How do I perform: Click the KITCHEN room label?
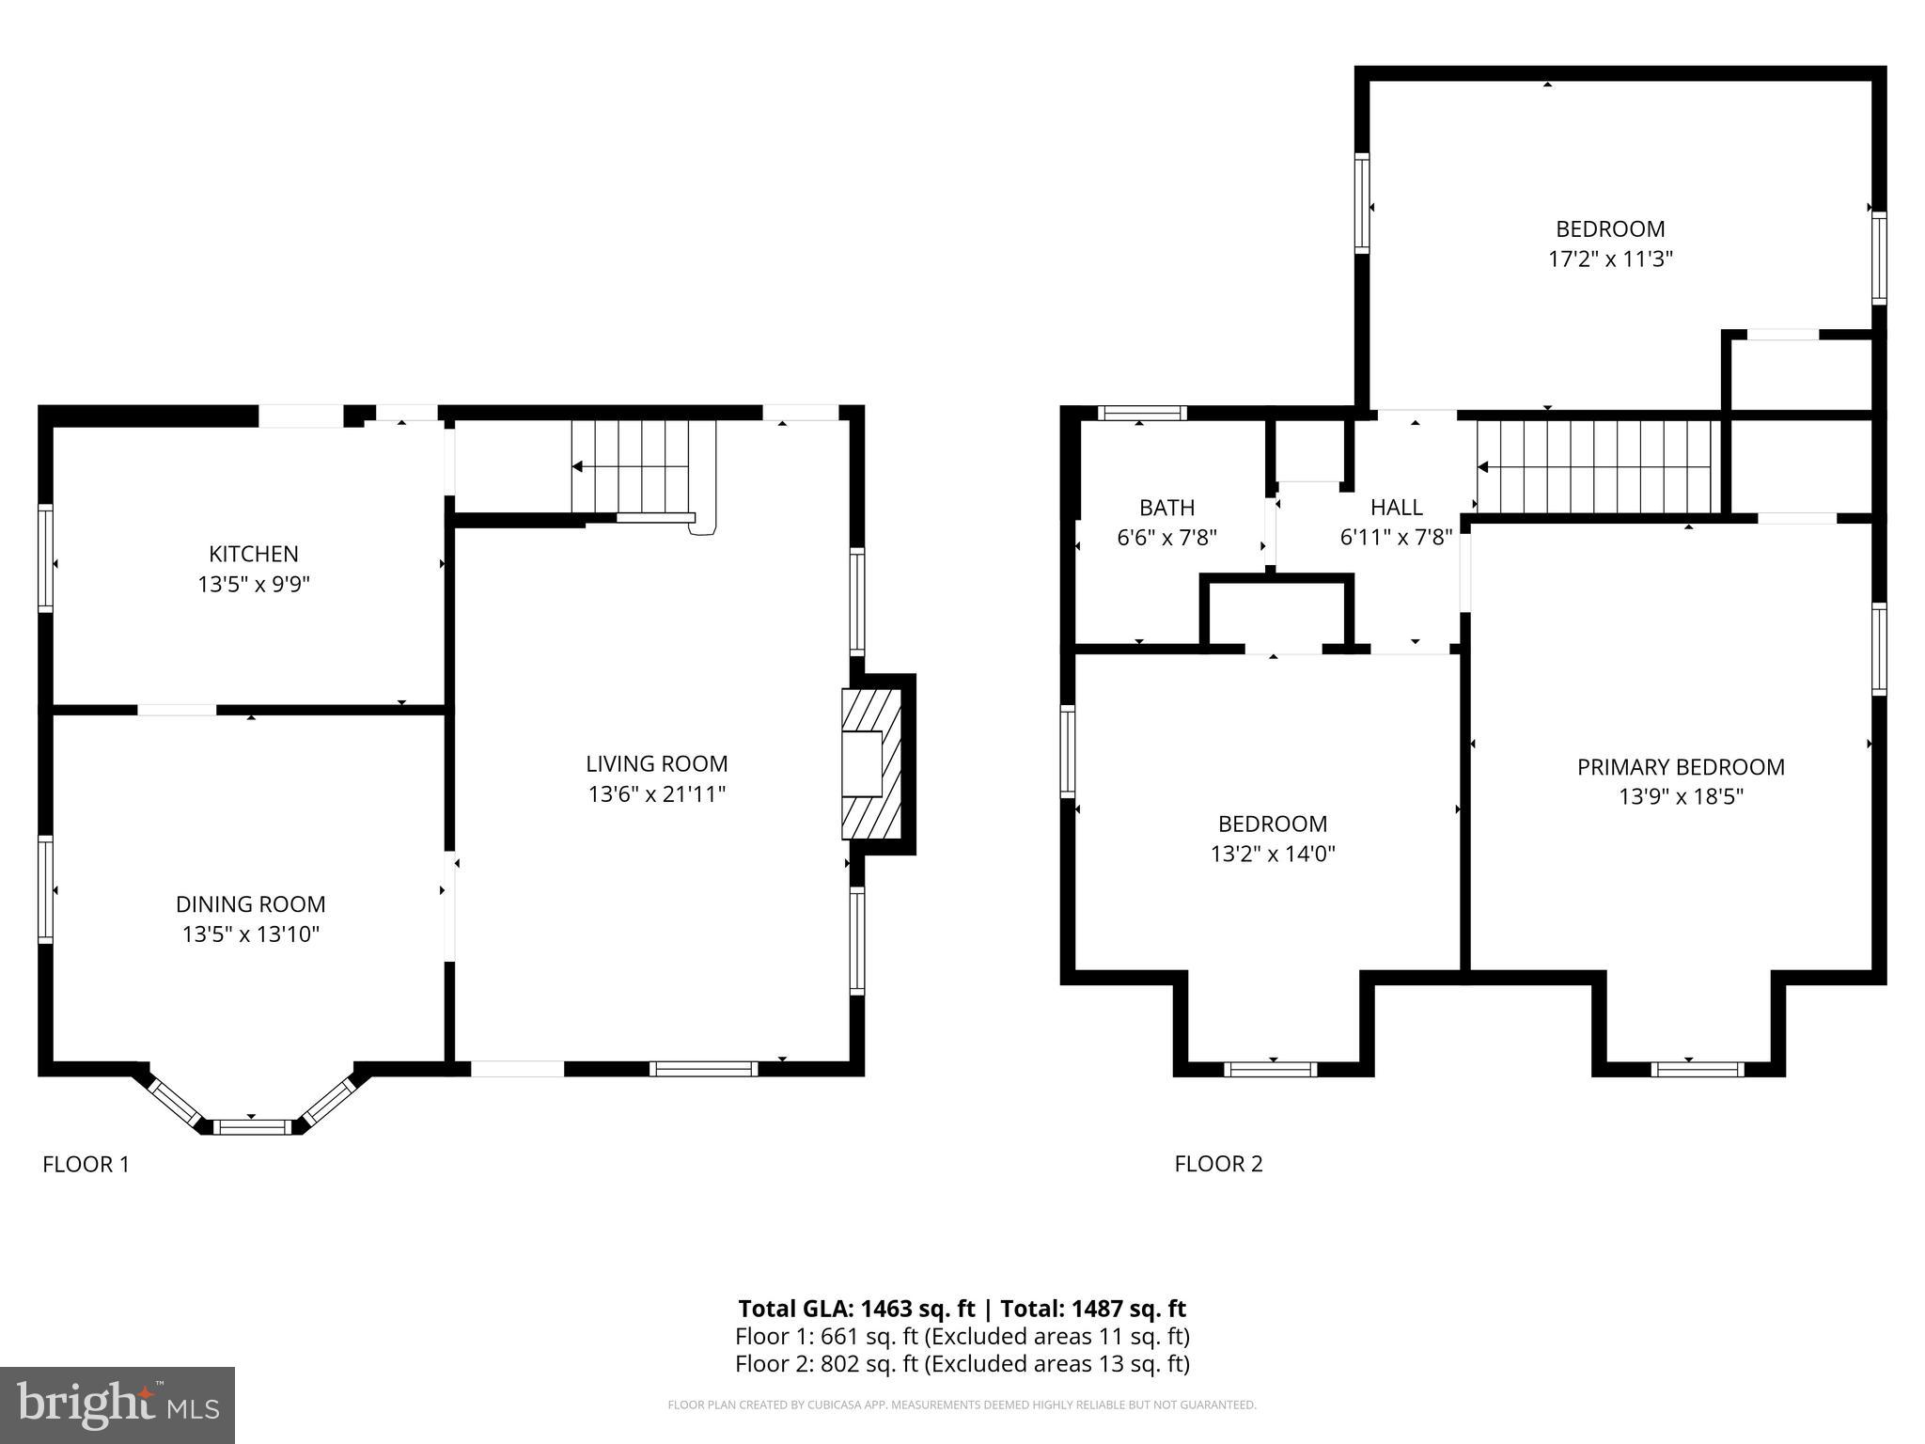click(x=254, y=554)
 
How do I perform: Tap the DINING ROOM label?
click(x=251, y=904)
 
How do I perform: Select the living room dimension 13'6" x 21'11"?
click(x=657, y=794)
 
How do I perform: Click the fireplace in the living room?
click(x=870, y=763)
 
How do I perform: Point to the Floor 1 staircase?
click(x=644, y=466)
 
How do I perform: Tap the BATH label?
click(x=1166, y=508)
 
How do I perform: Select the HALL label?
click(x=1396, y=508)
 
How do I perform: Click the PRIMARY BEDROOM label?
click(x=1681, y=767)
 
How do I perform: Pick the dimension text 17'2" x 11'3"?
click(x=1610, y=259)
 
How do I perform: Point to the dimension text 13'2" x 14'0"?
click(x=1273, y=854)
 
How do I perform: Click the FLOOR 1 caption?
click(x=86, y=1164)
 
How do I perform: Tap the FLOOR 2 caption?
click(x=1218, y=1164)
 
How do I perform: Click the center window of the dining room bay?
click(x=251, y=1126)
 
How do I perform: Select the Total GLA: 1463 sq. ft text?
click(x=855, y=1309)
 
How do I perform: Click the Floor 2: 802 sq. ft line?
click(x=962, y=1363)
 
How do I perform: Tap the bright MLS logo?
click(x=117, y=1405)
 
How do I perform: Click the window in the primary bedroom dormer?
click(x=1697, y=1069)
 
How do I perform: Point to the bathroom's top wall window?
click(x=1142, y=413)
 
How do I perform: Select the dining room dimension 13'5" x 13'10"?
click(x=251, y=934)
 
